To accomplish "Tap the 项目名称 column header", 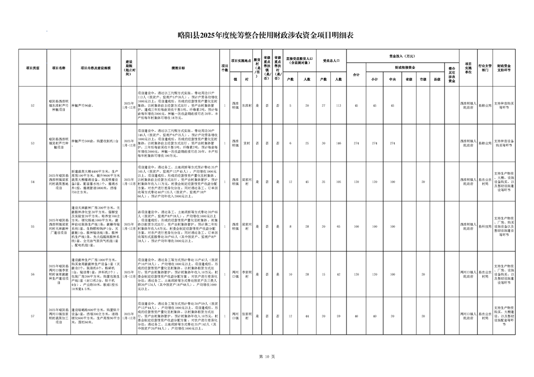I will (x=59, y=68).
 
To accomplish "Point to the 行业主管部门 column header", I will (x=485, y=68).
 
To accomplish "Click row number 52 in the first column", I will (x=32, y=105).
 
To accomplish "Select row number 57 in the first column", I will (x=32, y=316).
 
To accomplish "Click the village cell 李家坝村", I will (x=246, y=274).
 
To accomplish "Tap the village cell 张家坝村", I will (x=246, y=316).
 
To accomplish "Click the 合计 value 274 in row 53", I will (x=356, y=143).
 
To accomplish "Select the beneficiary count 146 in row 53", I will (x=338, y=143).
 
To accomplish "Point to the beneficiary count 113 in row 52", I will (x=338, y=105).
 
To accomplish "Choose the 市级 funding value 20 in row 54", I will (x=423, y=182).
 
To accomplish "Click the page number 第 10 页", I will (x=267, y=357).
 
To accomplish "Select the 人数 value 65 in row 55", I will (x=338, y=227).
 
